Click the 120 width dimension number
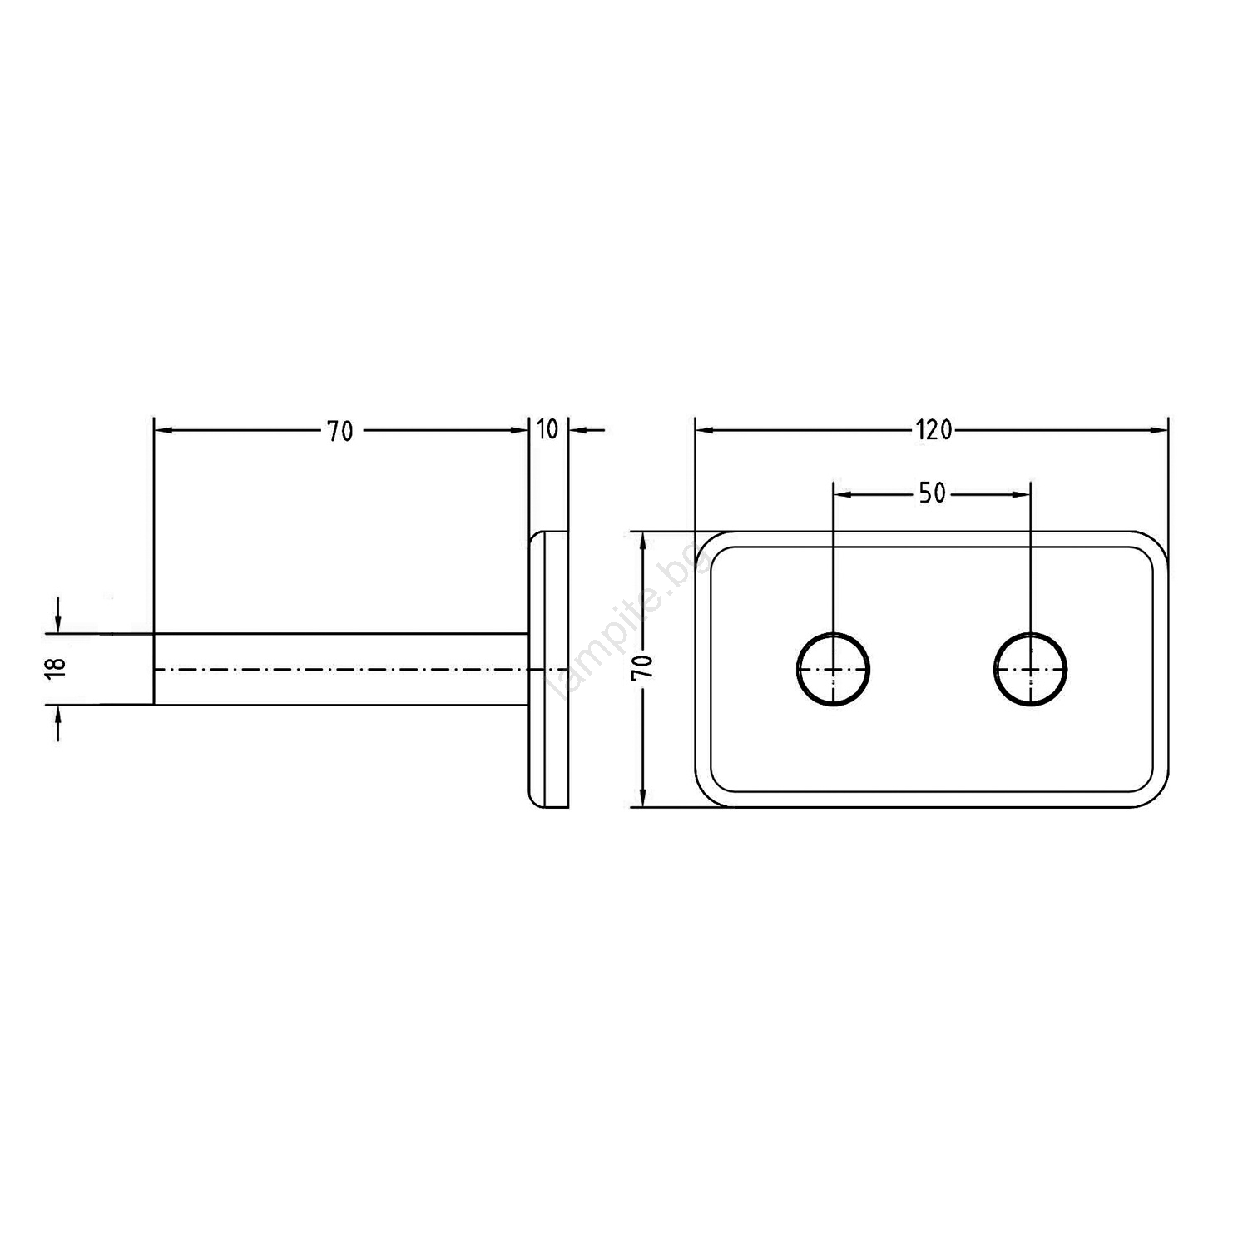click(x=934, y=430)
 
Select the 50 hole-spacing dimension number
click(x=932, y=493)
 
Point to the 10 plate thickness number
click(x=547, y=430)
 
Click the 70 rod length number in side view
click(x=339, y=431)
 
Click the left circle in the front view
click(x=834, y=669)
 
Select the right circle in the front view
click(x=1031, y=669)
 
